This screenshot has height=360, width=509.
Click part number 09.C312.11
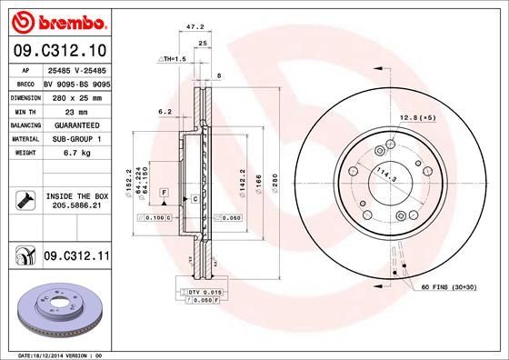(x=75, y=258)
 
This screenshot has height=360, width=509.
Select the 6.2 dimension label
(x=165, y=112)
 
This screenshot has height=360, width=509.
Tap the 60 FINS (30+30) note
(x=449, y=286)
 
